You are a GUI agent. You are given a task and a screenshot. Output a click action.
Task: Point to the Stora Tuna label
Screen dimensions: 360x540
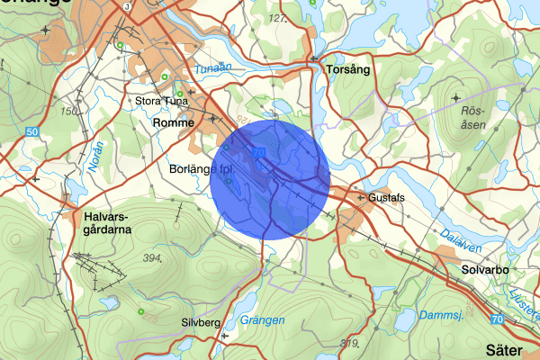point(158,101)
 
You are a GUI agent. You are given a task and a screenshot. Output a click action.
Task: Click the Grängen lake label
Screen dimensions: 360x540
point(262,320)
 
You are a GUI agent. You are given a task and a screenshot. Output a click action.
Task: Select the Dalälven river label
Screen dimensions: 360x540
point(463,238)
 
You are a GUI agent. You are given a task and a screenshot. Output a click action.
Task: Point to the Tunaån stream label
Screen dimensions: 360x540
point(213,68)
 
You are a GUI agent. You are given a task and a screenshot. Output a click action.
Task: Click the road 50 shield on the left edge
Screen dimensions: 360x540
point(32,132)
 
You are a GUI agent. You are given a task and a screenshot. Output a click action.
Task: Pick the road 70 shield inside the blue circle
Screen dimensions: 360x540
point(260,153)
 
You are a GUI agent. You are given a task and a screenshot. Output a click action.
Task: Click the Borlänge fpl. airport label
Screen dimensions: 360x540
point(202,168)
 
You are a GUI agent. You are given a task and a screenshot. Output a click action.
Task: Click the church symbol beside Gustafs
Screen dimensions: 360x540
point(360,197)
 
